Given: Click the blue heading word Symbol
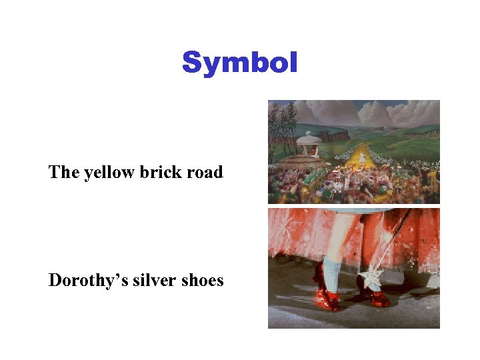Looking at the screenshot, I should pos(239,63).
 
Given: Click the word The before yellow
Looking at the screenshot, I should pos(64,172).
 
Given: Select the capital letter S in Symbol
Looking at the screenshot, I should pos(192,63).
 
